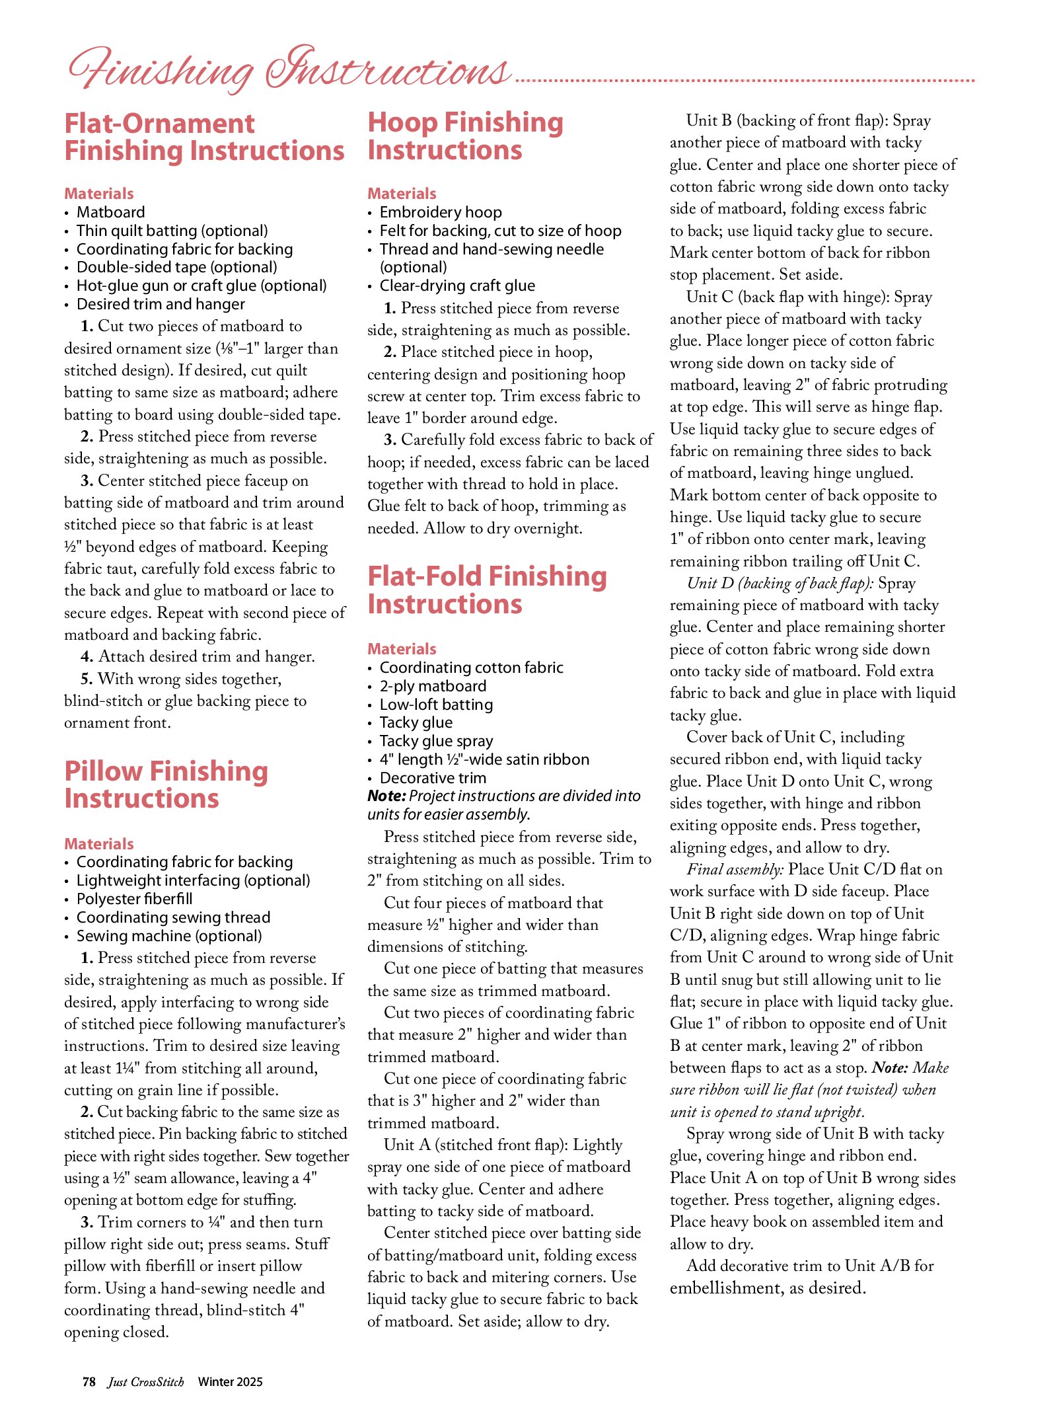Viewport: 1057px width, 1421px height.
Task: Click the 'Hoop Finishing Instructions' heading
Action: coord(465,136)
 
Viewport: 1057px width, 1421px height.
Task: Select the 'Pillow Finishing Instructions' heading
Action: coord(166,785)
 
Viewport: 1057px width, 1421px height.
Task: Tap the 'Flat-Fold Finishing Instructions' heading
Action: coord(487,590)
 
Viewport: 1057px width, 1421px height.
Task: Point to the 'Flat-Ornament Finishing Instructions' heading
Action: coord(204,137)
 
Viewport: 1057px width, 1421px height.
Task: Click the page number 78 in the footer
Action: coord(89,1381)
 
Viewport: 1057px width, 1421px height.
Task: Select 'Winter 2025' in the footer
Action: coord(230,1381)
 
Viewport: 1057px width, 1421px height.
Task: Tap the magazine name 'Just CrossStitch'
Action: coord(146,1381)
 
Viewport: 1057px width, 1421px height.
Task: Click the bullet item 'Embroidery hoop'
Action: coord(441,212)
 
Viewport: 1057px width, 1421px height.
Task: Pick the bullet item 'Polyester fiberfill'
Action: coord(135,899)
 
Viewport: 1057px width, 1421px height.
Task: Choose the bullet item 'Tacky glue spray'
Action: coord(436,741)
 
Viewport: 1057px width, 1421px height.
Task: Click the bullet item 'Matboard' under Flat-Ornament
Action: coord(111,212)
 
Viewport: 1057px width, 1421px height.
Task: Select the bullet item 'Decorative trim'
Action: coord(433,778)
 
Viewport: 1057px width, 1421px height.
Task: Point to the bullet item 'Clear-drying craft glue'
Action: coord(457,286)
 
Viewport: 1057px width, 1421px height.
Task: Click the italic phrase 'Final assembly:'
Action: coord(735,869)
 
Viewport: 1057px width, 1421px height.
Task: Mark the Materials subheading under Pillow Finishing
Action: coord(99,843)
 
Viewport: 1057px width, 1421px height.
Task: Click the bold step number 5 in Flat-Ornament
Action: coord(87,679)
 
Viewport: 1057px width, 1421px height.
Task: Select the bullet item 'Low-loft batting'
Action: coord(436,705)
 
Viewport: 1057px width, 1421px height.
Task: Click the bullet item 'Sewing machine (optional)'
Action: coord(169,936)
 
